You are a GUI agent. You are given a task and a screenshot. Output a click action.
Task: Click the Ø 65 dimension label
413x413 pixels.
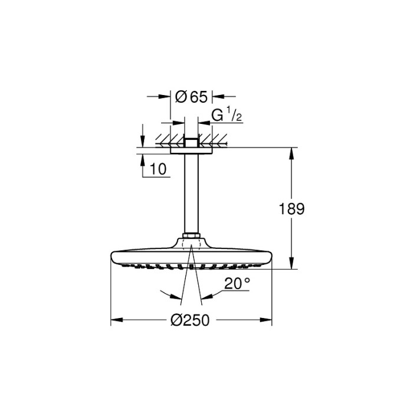[x=192, y=95]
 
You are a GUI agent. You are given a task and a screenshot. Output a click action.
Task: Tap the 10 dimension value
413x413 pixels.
[x=159, y=169]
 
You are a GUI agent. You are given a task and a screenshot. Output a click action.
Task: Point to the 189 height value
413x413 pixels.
[x=291, y=209]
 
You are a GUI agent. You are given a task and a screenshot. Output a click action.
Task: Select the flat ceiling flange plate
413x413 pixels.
[x=191, y=150]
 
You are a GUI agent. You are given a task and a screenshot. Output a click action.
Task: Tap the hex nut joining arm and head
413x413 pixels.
[x=191, y=237]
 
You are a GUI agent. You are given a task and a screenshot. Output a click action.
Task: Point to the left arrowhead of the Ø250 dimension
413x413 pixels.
[x=116, y=320]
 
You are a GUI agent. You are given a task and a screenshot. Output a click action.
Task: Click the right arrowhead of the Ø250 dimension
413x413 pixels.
[x=268, y=320]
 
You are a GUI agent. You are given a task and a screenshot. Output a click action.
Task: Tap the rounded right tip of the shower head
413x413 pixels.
[x=270, y=256]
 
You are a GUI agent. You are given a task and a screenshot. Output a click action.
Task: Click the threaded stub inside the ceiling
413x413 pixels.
[x=191, y=142]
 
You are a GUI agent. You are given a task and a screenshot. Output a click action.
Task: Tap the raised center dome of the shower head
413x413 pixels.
[x=191, y=244]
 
